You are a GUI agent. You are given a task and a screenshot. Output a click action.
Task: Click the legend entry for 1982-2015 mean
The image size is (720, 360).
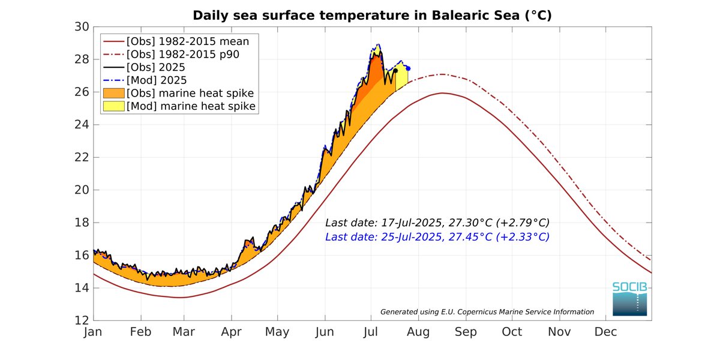click(187, 41)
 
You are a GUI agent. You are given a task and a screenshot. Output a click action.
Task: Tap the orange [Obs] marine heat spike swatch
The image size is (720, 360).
click(113, 93)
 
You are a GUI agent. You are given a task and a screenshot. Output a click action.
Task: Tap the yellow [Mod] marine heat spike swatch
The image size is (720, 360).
click(113, 106)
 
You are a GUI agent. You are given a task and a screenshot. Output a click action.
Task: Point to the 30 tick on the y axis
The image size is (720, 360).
click(82, 27)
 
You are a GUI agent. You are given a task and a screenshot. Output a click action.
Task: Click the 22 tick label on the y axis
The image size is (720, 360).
click(82, 157)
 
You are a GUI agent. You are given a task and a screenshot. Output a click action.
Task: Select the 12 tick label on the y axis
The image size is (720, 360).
click(82, 320)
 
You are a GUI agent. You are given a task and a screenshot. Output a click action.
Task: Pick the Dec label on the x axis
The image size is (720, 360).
click(605, 332)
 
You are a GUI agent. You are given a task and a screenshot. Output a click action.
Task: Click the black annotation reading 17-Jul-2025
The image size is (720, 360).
click(437, 222)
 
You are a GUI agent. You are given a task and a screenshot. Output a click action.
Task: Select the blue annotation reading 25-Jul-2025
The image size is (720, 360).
click(437, 236)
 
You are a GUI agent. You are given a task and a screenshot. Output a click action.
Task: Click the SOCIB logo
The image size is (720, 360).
click(629, 299)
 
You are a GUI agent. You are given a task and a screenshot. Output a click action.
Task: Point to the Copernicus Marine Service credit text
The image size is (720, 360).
click(487, 311)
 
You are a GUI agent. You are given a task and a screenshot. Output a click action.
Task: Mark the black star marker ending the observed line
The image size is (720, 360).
click(395, 71)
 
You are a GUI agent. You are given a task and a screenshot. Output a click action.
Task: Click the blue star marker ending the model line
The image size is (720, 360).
click(408, 68)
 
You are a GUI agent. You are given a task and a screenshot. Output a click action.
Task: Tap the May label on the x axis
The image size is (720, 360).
click(277, 332)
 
